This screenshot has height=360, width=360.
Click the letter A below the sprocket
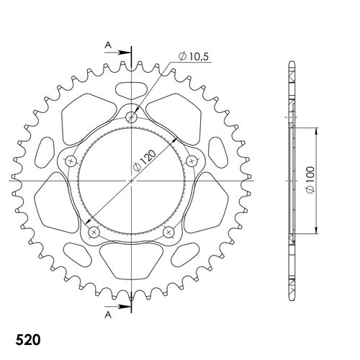[x=107, y=315]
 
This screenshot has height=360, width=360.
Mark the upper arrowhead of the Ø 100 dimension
[x=316, y=132]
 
